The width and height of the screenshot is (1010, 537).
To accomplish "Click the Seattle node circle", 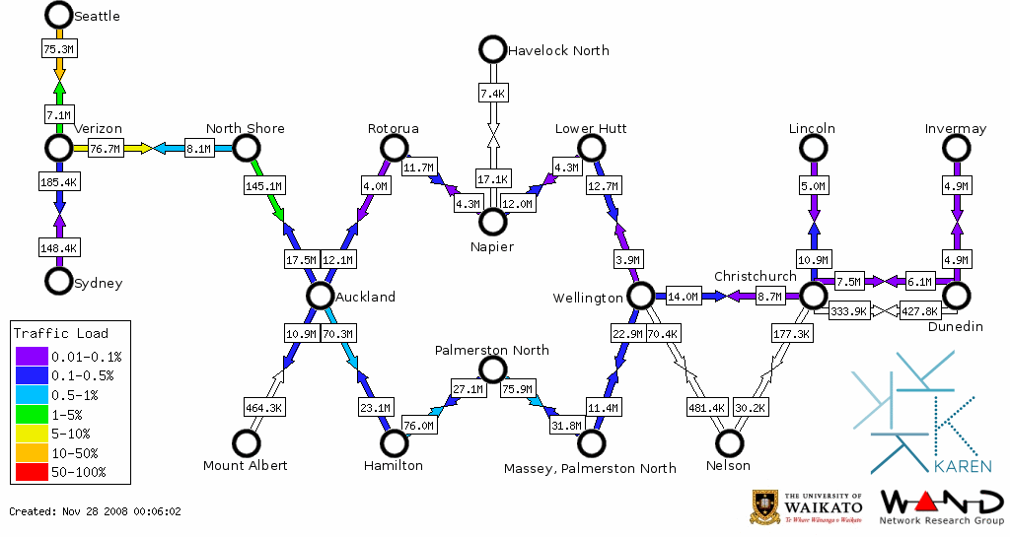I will click(59, 15).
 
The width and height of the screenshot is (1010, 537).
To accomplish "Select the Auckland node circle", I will click(319, 296).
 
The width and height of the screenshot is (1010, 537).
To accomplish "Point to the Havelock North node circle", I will click(491, 48).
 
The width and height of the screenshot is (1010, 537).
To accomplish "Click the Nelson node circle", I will click(730, 443).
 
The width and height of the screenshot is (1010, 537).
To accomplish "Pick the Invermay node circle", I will click(956, 148).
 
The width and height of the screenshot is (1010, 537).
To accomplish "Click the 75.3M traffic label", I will click(59, 47).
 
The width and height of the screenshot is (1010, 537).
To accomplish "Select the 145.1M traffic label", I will click(263, 184).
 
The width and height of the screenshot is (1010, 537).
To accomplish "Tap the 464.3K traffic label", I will click(263, 406).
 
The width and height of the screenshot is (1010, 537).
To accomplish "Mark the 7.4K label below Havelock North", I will click(492, 94).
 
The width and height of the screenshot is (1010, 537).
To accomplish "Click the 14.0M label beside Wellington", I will click(683, 296).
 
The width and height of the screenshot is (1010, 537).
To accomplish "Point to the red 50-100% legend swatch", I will click(31, 472).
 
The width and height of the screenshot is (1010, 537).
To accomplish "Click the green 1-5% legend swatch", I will click(31, 414).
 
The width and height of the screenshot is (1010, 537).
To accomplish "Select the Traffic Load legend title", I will click(60, 333).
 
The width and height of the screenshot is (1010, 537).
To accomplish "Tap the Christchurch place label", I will click(755, 276).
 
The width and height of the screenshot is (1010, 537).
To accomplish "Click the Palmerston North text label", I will click(492, 350).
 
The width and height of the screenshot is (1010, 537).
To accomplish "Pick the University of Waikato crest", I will click(766, 506).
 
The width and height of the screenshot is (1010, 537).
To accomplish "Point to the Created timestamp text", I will click(95, 511).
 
